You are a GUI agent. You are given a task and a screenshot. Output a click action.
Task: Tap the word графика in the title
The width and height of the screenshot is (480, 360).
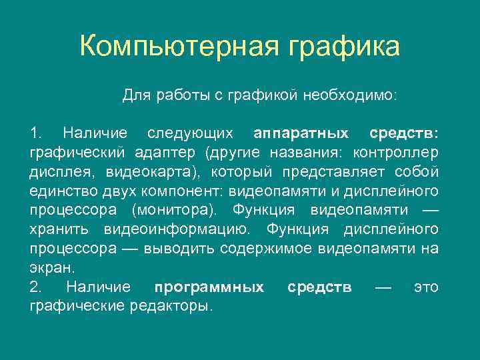345,47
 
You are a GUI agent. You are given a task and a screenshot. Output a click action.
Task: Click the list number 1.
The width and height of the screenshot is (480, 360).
35,133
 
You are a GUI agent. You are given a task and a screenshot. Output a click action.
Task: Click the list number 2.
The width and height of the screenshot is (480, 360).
35,287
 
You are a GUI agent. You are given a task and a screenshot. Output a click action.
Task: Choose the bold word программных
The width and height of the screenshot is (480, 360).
209,287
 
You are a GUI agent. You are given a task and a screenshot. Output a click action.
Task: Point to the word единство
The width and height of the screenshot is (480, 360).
59,191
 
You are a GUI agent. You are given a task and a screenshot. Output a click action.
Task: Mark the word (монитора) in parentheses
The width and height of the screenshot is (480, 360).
173,211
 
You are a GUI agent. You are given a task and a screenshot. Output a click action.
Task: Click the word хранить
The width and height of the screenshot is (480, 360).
61,230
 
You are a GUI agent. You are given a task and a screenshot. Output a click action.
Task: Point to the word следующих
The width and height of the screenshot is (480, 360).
190,133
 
